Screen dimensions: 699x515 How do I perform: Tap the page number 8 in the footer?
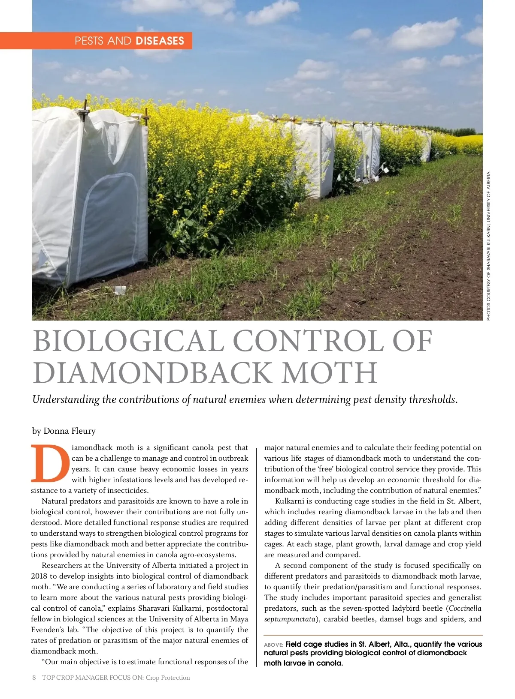pos(34,678)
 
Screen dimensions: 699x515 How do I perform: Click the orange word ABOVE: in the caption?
pos(273,645)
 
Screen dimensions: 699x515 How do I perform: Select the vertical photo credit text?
pos(488,246)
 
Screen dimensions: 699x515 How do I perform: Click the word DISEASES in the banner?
pos(160,41)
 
